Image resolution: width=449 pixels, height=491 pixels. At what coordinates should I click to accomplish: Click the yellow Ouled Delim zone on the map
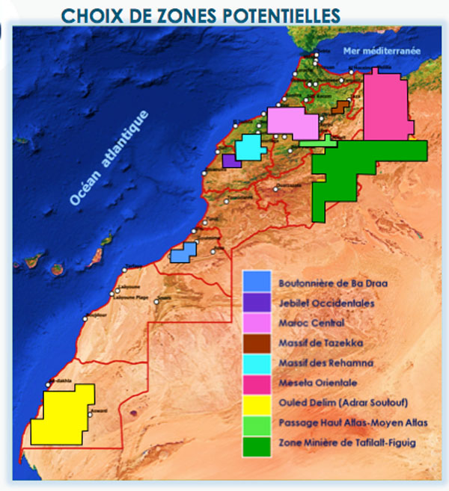pos(64,415)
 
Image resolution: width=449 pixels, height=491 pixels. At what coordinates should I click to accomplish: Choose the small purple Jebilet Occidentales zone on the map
pos(229,161)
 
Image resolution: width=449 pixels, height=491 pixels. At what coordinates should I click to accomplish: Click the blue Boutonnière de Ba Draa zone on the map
pos(182,253)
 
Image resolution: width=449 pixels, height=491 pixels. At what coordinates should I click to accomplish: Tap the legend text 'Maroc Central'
pos(311,324)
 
